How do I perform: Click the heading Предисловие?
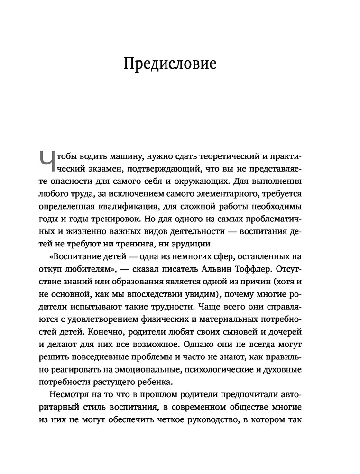pyautogui.click(x=170, y=64)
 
